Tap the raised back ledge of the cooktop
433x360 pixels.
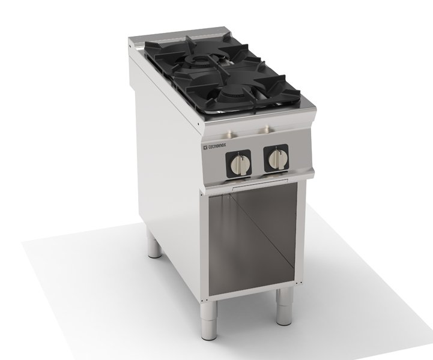[180, 38]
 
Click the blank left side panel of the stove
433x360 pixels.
[162, 156]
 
